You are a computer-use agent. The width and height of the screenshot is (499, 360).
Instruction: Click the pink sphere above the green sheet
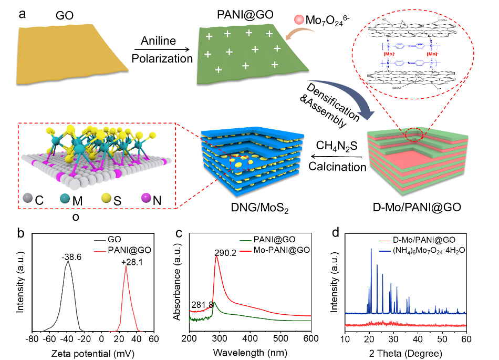[x=299, y=19]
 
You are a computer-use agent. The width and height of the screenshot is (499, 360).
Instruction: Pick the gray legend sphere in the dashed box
[x=27, y=198]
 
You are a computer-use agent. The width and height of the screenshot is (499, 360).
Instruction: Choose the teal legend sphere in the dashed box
[x=65, y=198]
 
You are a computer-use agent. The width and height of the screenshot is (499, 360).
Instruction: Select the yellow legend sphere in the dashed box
[x=106, y=198]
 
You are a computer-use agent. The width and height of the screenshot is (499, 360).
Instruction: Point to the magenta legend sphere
[x=146, y=198]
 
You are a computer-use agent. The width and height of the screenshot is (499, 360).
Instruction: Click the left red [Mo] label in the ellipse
[x=389, y=54]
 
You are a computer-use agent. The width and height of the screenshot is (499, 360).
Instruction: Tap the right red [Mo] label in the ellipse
[x=432, y=54]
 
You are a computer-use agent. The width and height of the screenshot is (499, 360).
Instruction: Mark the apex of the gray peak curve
[x=67, y=261]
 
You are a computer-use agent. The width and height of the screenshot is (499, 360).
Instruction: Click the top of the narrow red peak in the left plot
[x=126, y=266]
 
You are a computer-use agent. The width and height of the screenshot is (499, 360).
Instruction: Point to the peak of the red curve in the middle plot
[x=216, y=257]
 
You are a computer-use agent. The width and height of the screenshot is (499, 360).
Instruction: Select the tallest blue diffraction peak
[x=371, y=249]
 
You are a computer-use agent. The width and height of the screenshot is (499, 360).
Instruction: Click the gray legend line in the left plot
[x=100, y=241]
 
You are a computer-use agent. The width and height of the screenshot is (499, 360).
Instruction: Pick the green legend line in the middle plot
[x=245, y=241]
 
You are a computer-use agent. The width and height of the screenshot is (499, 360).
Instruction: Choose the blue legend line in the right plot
[x=385, y=251]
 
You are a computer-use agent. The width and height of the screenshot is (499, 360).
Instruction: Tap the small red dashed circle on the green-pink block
[x=414, y=135]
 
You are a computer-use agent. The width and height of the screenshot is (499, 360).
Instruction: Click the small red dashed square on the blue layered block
[x=238, y=163]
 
